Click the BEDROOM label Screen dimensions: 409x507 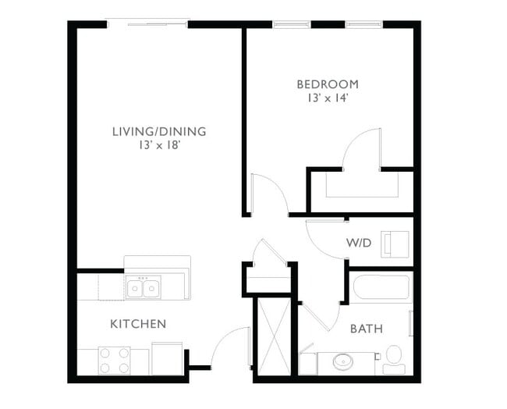tap(327, 84)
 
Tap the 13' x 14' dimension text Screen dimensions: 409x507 tap(327, 99)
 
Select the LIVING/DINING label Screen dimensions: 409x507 tap(159, 131)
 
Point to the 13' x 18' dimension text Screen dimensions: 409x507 tap(159, 146)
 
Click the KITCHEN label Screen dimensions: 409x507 tap(137, 323)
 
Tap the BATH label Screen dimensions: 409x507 tap(366, 329)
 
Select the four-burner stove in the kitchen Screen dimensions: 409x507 tap(114, 361)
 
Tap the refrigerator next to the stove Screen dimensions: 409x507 tap(167, 359)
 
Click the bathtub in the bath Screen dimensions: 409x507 tap(381, 287)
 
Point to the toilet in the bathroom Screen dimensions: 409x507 tap(394, 357)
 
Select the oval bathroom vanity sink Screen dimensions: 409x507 tap(343, 362)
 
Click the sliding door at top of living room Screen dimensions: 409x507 tap(147, 23)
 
